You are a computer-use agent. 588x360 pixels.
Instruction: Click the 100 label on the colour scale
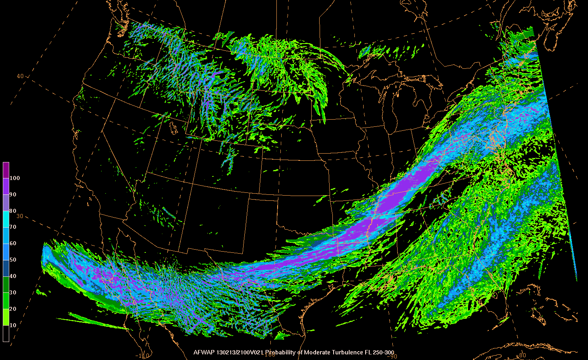(x=15, y=178)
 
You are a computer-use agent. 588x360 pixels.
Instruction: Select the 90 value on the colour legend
(x=13, y=195)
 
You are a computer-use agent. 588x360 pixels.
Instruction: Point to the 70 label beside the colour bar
(x=13, y=227)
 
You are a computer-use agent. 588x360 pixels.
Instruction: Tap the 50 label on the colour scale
(x=13, y=260)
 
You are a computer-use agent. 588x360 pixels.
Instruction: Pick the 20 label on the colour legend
(x=13, y=309)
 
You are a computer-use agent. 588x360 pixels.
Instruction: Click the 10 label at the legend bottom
(x=13, y=326)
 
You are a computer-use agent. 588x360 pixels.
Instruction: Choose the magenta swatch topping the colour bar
(x=6, y=170)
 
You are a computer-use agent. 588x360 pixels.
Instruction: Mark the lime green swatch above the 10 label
(x=6, y=317)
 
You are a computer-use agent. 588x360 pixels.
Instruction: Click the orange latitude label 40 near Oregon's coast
(x=20, y=76)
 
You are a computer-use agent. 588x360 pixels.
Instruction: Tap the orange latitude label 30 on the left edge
(x=19, y=216)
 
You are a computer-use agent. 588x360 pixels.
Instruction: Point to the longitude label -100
(x=270, y=354)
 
